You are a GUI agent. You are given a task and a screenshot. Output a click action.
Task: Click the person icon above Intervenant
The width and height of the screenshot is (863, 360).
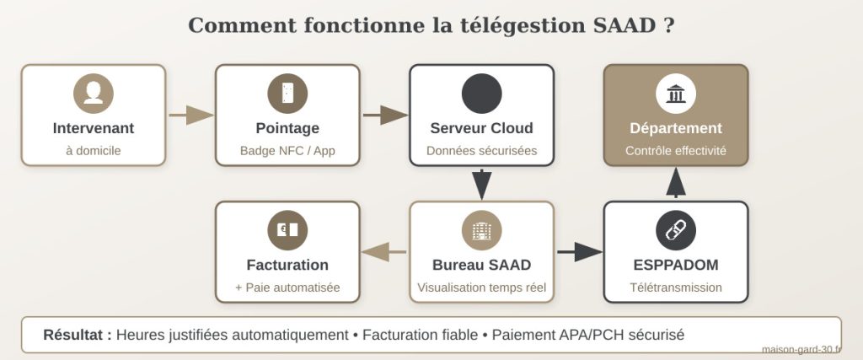pyautogui.click(x=93, y=93)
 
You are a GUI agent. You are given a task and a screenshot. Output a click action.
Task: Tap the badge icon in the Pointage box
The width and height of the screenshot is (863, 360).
pyautogui.click(x=287, y=93)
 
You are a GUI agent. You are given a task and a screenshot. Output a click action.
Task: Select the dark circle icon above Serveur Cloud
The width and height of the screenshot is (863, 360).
pyautogui.click(x=481, y=93)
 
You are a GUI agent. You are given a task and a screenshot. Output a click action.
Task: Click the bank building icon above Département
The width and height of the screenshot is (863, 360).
pyautogui.click(x=675, y=93)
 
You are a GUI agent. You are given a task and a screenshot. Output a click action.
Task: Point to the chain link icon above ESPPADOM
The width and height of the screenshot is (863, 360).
pyautogui.click(x=675, y=229)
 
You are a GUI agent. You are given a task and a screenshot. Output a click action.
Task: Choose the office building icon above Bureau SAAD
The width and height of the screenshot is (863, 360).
pyautogui.click(x=481, y=229)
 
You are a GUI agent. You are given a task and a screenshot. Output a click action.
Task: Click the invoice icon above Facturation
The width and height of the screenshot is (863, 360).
pyautogui.click(x=287, y=229)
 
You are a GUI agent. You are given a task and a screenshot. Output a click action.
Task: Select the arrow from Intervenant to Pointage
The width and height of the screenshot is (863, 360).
pyautogui.click(x=190, y=115)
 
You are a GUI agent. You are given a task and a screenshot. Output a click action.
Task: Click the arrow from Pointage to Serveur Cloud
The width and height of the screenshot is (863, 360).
pyautogui.click(x=385, y=115)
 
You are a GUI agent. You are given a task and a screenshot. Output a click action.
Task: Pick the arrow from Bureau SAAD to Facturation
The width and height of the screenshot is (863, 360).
pyautogui.click(x=384, y=251)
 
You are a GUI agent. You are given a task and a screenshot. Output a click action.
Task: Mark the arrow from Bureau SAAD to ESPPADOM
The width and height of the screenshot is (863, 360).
pyautogui.click(x=580, y=251)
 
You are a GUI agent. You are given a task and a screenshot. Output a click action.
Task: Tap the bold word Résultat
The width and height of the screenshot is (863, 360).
pyautogui.click(x=77, y=335)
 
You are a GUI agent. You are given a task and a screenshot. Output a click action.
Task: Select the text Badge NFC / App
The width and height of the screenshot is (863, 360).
pyautogui.click(x=287, y=152)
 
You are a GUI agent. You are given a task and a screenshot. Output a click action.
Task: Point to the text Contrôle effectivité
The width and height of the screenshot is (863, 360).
pyautogui.click(x=675, y=152)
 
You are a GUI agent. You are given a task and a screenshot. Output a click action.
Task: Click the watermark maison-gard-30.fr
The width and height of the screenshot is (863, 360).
pyautogui.click(x=800, y=350)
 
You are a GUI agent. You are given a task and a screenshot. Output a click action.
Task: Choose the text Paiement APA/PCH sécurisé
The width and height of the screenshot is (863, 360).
pyautogui.click(x=588, y=335)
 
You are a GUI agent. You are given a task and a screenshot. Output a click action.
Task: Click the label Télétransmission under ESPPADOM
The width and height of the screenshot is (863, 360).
pyautogui.click(x=675, y=287)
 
